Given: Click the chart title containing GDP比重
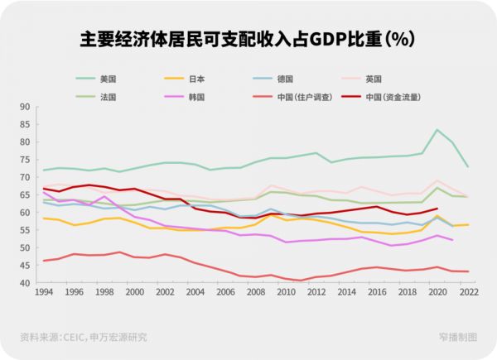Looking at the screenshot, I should coord(248,39).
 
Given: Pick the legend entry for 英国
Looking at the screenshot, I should coord(373,79).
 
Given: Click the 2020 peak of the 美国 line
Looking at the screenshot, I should coord(437,130).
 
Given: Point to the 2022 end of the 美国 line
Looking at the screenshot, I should coord(468,167).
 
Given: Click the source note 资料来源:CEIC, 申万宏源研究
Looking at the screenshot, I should coord(84,337).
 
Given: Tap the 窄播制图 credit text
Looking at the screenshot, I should coord(458,337).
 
